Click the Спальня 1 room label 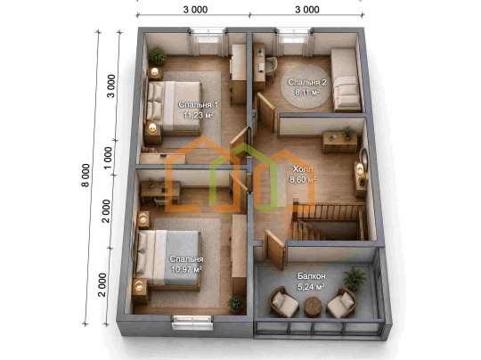(198, 105)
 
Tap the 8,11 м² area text (306, 93)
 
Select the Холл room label (303, 169)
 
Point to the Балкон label (312, 276)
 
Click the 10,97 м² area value (186, 269)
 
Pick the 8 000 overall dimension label (86, 176)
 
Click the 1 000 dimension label (108, 158)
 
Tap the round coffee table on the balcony (313, 307)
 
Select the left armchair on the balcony (284, 302)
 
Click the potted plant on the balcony (355, 278)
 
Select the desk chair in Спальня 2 (271, 69)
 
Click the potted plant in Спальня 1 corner (158, 56)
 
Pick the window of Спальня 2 (294, 35)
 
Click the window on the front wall (192, 322)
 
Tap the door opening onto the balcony (275, 250)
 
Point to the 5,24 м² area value (311, 287)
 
